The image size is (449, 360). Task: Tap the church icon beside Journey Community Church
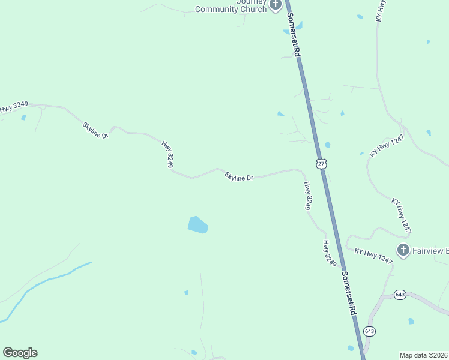tap(276, 5)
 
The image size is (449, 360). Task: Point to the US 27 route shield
tap(322, 163)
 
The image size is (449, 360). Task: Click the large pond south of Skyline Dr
tap(197, 224)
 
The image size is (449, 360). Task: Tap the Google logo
tap(20, 353)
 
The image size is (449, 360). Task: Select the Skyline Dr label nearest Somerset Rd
tap(240, 176)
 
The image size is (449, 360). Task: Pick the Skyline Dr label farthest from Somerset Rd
tap(95, 130)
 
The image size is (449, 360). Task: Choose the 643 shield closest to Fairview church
tap(400, 295)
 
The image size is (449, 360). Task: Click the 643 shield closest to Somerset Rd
tap(369, 331)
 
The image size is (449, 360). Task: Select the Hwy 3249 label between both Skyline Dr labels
tap(167, 154)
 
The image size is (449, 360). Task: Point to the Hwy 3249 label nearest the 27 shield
tap(308, 196)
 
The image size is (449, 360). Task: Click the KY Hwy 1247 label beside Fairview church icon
tap(373, 256)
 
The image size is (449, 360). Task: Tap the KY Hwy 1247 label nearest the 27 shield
tap(388, 146)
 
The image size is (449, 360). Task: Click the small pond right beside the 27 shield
tap(328, 145)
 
